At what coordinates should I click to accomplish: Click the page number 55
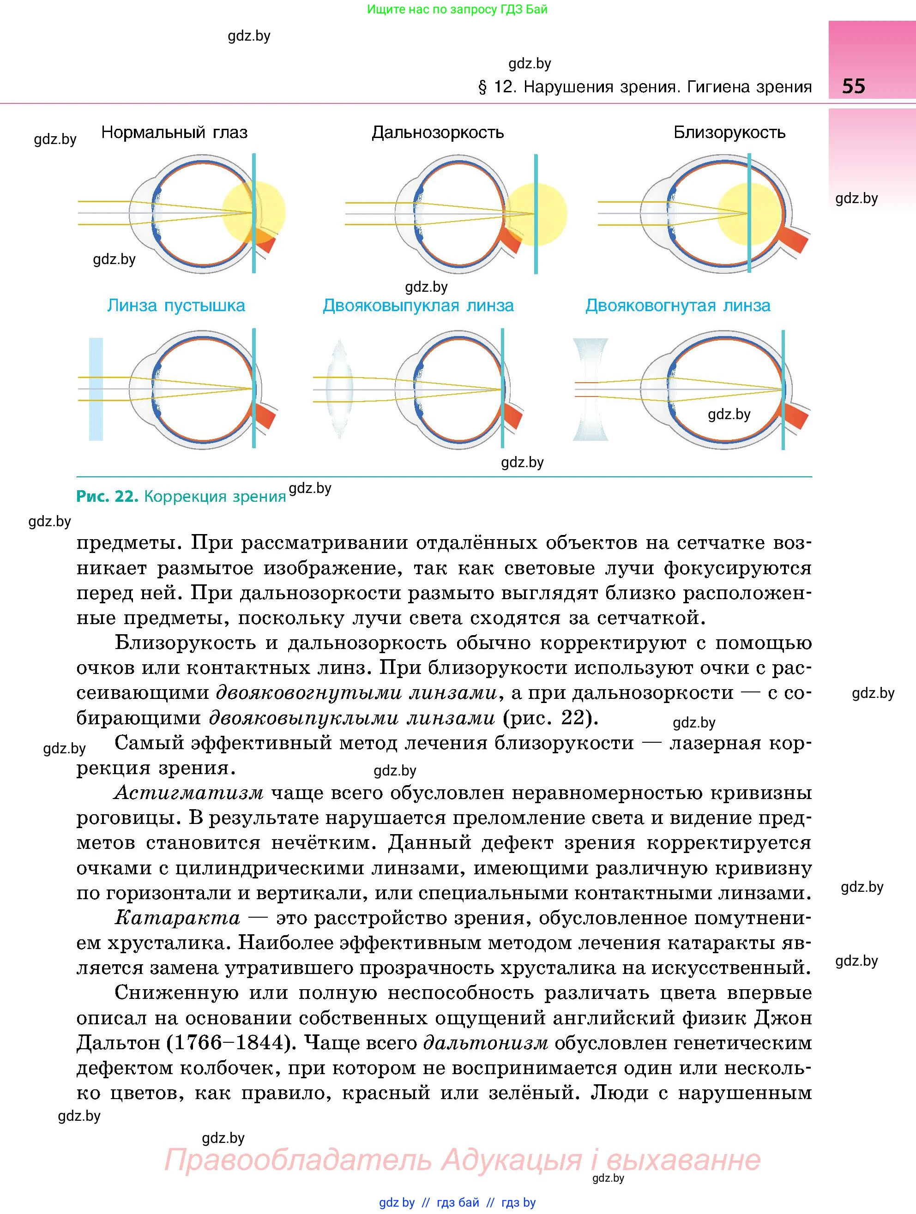tap(853, 86)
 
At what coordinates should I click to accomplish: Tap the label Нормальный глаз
tap(175, 133)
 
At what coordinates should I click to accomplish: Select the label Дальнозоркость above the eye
tap(437, 133)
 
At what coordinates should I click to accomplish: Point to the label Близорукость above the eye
tap(729, 133)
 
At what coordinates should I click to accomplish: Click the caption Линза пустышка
tap(176, 306)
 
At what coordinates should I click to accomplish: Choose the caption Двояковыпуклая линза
tap(418, 306)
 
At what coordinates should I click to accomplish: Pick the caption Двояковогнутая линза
tap(678, 306)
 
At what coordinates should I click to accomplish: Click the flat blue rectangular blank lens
tap(96, 389)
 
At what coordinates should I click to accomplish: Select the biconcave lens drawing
tap(591, 389)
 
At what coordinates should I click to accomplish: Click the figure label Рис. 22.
tap(107, 497)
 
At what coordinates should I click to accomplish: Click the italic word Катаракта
tap(177, 918)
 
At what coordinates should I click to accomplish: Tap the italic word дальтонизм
tap(486, 1043)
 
